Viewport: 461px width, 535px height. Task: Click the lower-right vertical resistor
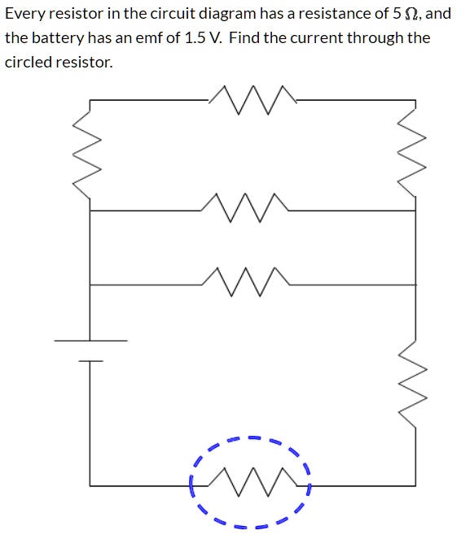click(415, 385)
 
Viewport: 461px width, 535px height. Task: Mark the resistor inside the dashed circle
click(251, 485)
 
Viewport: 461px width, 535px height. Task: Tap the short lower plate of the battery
click(90, 360)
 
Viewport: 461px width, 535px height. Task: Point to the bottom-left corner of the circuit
click(90, 485)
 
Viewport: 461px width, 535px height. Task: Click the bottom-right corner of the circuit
click(415, 485)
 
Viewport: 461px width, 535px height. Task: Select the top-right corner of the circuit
click(415, 100)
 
